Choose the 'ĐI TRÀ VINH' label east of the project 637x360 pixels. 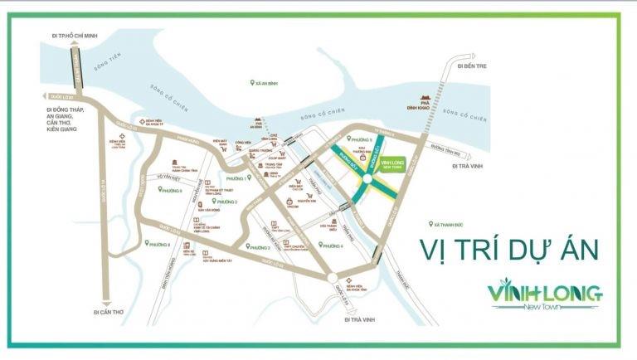(x=469, y=166)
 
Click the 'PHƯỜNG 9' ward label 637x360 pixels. (x=169, y=190)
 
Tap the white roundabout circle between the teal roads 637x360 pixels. (x=366, y=176)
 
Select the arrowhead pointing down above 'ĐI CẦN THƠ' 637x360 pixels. (x=106, y=304)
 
